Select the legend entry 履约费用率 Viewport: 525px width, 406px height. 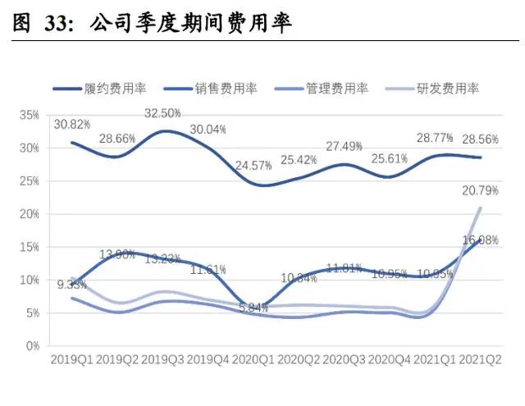tap(111, 89)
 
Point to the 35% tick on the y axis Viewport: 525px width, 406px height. tap(30, 115)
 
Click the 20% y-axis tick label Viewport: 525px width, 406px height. tap(30, 214)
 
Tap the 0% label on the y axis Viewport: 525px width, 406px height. tap(33, 346)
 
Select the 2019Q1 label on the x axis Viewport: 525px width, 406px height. tap(73, 359)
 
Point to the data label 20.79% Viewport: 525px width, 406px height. tap(481, 191)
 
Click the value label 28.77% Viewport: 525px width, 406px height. tap(434, 135)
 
